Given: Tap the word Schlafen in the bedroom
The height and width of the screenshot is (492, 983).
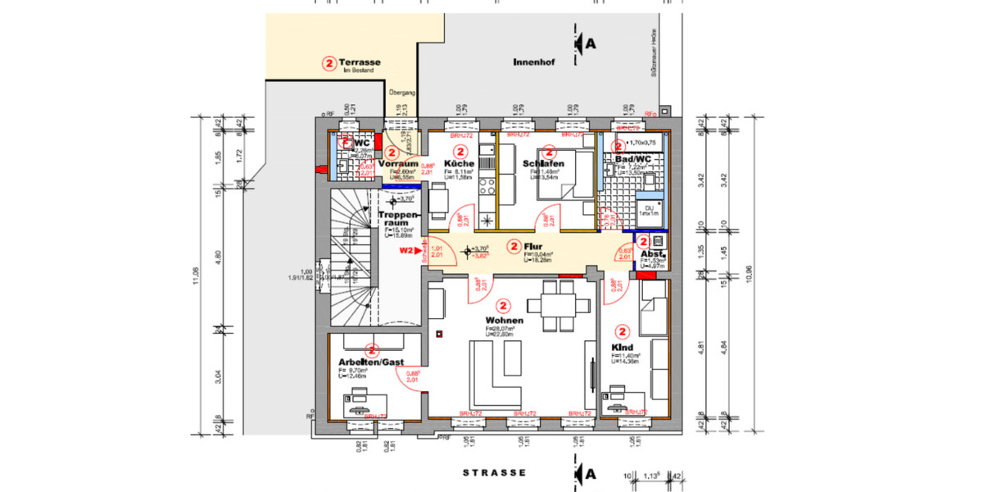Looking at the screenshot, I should coord(543,164).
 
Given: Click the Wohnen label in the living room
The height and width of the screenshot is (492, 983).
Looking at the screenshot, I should coord(501,320).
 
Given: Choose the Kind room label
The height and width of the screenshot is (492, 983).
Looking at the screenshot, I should coord(622,347).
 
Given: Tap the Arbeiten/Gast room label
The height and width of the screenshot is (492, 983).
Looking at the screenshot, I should coord(371,362).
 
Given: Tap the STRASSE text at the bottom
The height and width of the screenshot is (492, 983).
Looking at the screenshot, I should coord(494,473).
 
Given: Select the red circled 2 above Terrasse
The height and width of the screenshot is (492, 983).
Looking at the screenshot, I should coord(328,62).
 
